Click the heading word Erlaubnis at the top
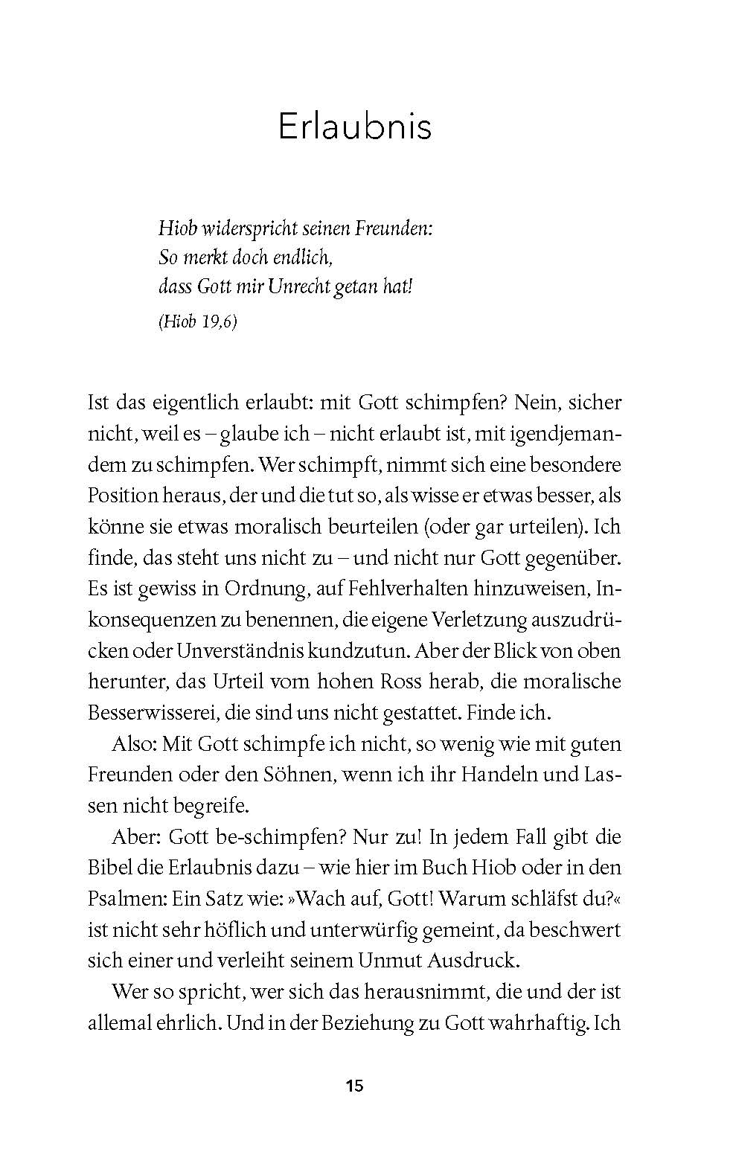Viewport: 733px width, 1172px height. tap(354, 127)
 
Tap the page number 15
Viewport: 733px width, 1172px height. tap(354, 1086)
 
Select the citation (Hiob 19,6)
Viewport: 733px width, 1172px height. tap(198, 322)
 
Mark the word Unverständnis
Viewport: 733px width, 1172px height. tap(240, 650)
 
